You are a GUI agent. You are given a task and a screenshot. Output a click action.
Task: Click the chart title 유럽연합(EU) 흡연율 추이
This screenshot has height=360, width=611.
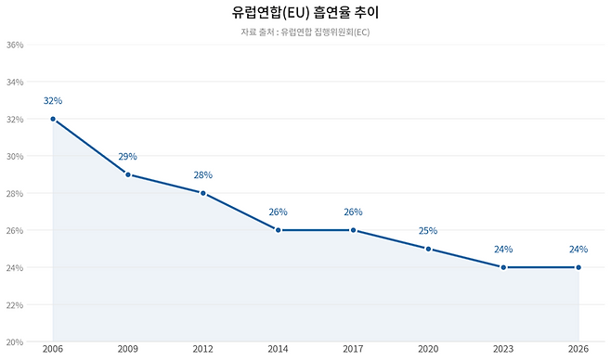305,13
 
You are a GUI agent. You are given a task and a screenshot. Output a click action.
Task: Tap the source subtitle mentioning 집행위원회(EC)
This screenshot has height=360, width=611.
305,32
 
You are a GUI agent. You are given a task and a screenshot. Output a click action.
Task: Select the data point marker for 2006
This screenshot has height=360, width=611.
53,119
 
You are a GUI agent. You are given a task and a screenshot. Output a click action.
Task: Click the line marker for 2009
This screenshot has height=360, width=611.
128,174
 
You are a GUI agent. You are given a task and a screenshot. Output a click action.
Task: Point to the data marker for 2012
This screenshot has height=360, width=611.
202,193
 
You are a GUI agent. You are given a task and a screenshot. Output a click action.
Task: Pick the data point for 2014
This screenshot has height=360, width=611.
278,230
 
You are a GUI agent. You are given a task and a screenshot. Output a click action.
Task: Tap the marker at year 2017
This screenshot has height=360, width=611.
353,230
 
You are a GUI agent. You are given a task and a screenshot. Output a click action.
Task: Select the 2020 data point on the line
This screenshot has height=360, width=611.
428,249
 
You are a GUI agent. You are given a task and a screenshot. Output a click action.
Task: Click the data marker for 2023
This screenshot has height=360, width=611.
503,267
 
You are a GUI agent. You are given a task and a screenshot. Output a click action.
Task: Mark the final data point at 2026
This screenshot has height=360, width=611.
578,267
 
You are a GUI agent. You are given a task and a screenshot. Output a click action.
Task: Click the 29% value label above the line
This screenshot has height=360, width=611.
128,157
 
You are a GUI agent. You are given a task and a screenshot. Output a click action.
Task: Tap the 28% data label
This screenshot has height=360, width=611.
202,175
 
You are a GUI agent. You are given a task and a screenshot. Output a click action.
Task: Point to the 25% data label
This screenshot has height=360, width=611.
428,231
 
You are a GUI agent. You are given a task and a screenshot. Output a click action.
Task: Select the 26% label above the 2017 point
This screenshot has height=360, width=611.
353,212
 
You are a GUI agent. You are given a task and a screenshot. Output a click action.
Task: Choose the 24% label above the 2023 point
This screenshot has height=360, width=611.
503,250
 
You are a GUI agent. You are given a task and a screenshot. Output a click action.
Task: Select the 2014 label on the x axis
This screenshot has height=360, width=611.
278,350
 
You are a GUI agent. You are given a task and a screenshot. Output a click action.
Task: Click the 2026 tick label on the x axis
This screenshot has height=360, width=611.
578,350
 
